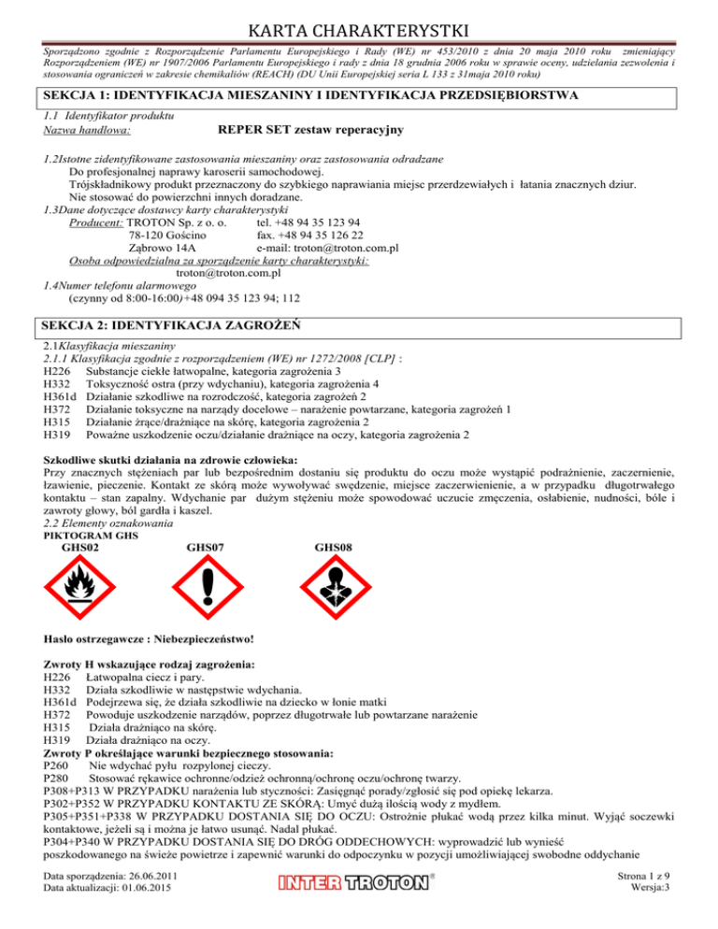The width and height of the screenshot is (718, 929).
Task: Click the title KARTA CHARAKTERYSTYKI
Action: click(x=359, y=17)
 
